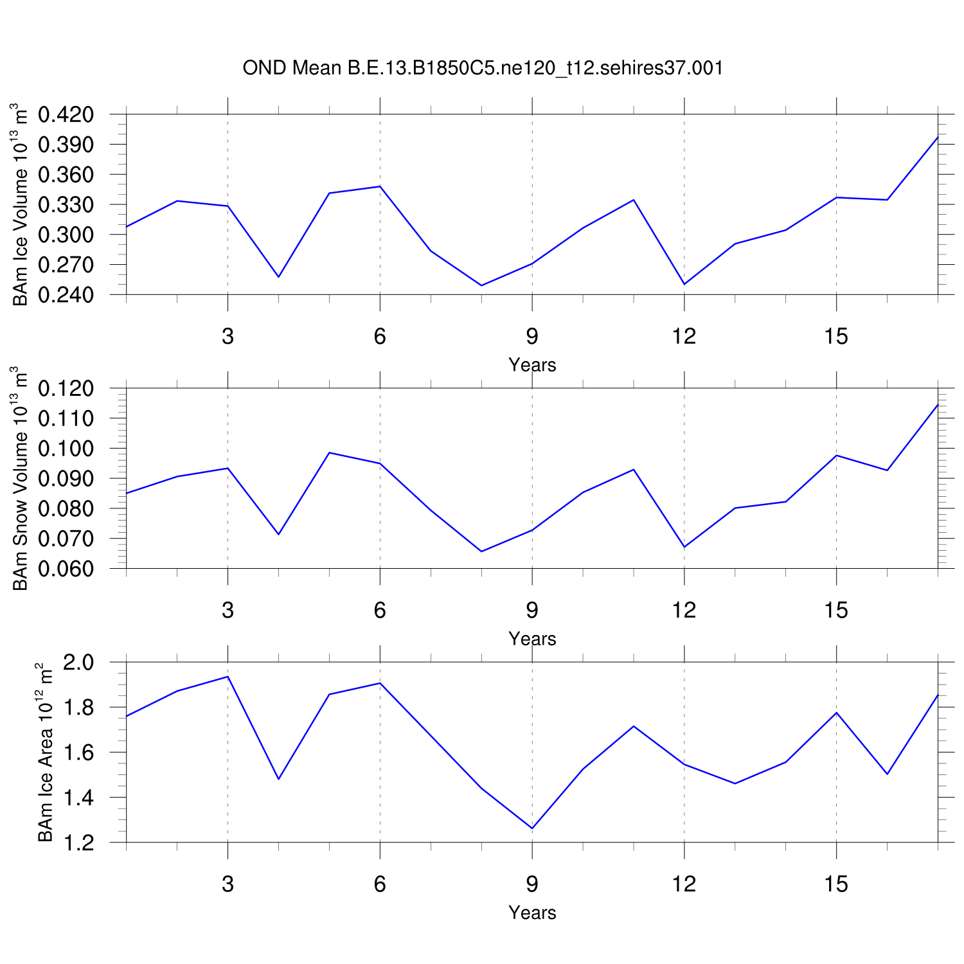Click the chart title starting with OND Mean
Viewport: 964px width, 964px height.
coord(483,67)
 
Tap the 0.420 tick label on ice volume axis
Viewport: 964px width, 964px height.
coord(66,115)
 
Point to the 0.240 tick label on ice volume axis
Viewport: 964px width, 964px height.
coord(66,295)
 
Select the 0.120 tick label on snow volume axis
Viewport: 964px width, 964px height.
coord(66,389)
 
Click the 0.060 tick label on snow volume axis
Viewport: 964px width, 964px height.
coord(66,569)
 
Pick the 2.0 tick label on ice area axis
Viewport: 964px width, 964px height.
coord(78,663)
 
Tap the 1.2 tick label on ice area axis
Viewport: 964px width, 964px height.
coord(78,843)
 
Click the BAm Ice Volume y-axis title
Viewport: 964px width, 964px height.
coord(21,204)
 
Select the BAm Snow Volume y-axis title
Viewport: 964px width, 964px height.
coord(21,478)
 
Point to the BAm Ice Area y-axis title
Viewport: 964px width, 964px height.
coord(46,752)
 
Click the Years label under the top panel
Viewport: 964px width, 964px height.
coord(532,365)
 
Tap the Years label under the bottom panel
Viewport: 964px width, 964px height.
coord(532,913)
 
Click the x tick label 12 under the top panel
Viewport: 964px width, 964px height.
coord(684,336)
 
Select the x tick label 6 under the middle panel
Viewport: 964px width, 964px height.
coord(380,610)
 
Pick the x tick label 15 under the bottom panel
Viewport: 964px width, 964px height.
coord(836,884)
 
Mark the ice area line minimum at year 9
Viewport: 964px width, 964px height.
coord(532,828)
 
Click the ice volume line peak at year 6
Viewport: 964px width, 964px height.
coord(380,186)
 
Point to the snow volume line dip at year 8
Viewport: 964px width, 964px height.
coord(481,551)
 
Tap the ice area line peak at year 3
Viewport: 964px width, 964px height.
coord(228,677)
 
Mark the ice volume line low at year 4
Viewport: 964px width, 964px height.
coord(279,277)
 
